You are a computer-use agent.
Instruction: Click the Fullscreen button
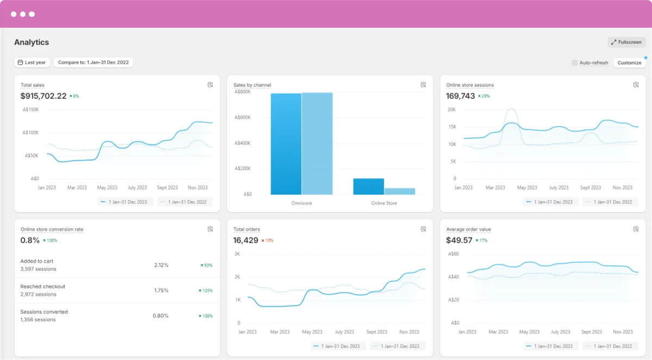point(626,42)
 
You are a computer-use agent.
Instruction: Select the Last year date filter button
point(32,62)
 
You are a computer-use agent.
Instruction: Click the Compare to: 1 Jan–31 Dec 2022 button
point(93,62)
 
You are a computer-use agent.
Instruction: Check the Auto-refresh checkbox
point(575,63)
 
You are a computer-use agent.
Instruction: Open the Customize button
point(629,63)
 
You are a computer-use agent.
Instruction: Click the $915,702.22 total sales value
point(43,96)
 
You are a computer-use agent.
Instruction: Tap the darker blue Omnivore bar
point(286,144)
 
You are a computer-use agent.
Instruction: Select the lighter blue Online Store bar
point(399,191)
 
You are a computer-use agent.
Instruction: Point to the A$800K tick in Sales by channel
point(242,92)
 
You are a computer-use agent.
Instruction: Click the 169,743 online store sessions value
point(460,96)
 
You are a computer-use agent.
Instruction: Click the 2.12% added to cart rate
point(161,265)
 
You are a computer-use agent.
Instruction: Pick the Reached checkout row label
point(42,286)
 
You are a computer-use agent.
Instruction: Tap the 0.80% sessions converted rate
point(160,315)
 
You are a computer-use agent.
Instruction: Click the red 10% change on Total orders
point(267,241)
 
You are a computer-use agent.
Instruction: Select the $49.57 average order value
point(460,241)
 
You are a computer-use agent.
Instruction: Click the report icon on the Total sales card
point(210,85)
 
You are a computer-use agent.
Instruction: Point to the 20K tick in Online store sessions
point(451,110)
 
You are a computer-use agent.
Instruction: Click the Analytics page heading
point(32,42)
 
